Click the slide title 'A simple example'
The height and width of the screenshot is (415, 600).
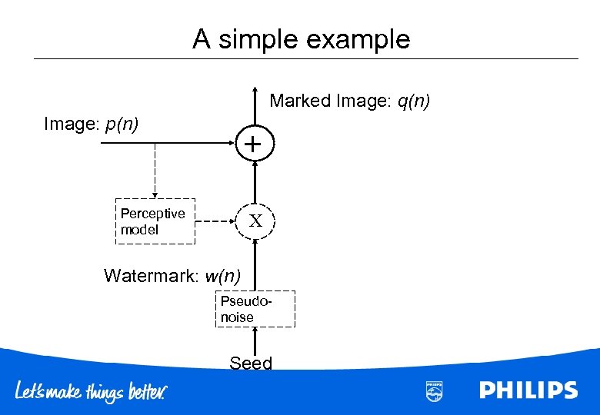pyautogui.click(x=301, y=38)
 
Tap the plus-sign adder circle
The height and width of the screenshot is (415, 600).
pyautogui.click(x=255, y=143)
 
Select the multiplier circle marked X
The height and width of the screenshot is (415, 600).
pyautogui.click(x=255, y=221)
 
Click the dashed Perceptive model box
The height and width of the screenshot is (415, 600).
pyautogui.click(x=155, y=222)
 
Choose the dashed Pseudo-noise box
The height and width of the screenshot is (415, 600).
pyautogui.click(x=254, y=309)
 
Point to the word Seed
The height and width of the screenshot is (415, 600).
pyautogui.click(x=251, y=363)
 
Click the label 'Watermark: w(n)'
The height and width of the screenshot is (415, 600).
pyautogui.click(x=172, y=275)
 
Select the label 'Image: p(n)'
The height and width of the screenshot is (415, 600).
pyautogui.click(x=92, y=124)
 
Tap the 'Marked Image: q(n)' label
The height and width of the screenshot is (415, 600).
pyautogui.click(x=349, y=101)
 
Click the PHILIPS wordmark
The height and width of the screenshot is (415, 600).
pyautogui.click(x=528, y=390)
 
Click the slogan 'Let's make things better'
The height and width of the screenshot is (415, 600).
pyautogui.click(x=92, y=392)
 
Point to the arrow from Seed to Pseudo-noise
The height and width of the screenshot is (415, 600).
pyautogui.click(x=255, y=341)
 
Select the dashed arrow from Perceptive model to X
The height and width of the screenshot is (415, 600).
pyautogui.click(x=216, y=222)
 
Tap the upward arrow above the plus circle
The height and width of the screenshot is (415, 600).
pyautogui.click(x=255, y=108)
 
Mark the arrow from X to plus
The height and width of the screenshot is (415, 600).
pyautogui.click(x=255, y=181)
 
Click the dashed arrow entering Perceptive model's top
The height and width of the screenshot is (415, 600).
pyautogui.click(x=155, y=173)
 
